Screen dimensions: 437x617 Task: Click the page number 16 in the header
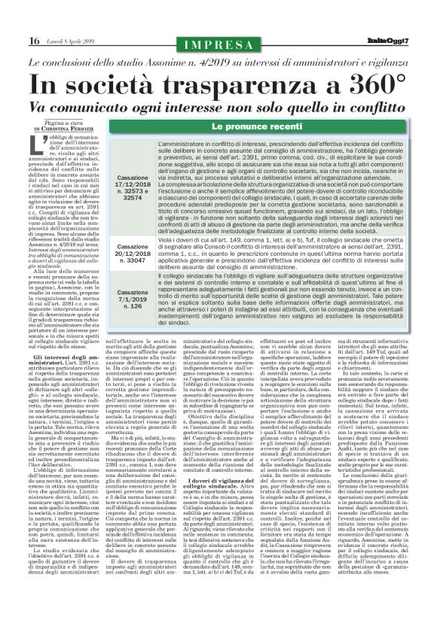point(15,18)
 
